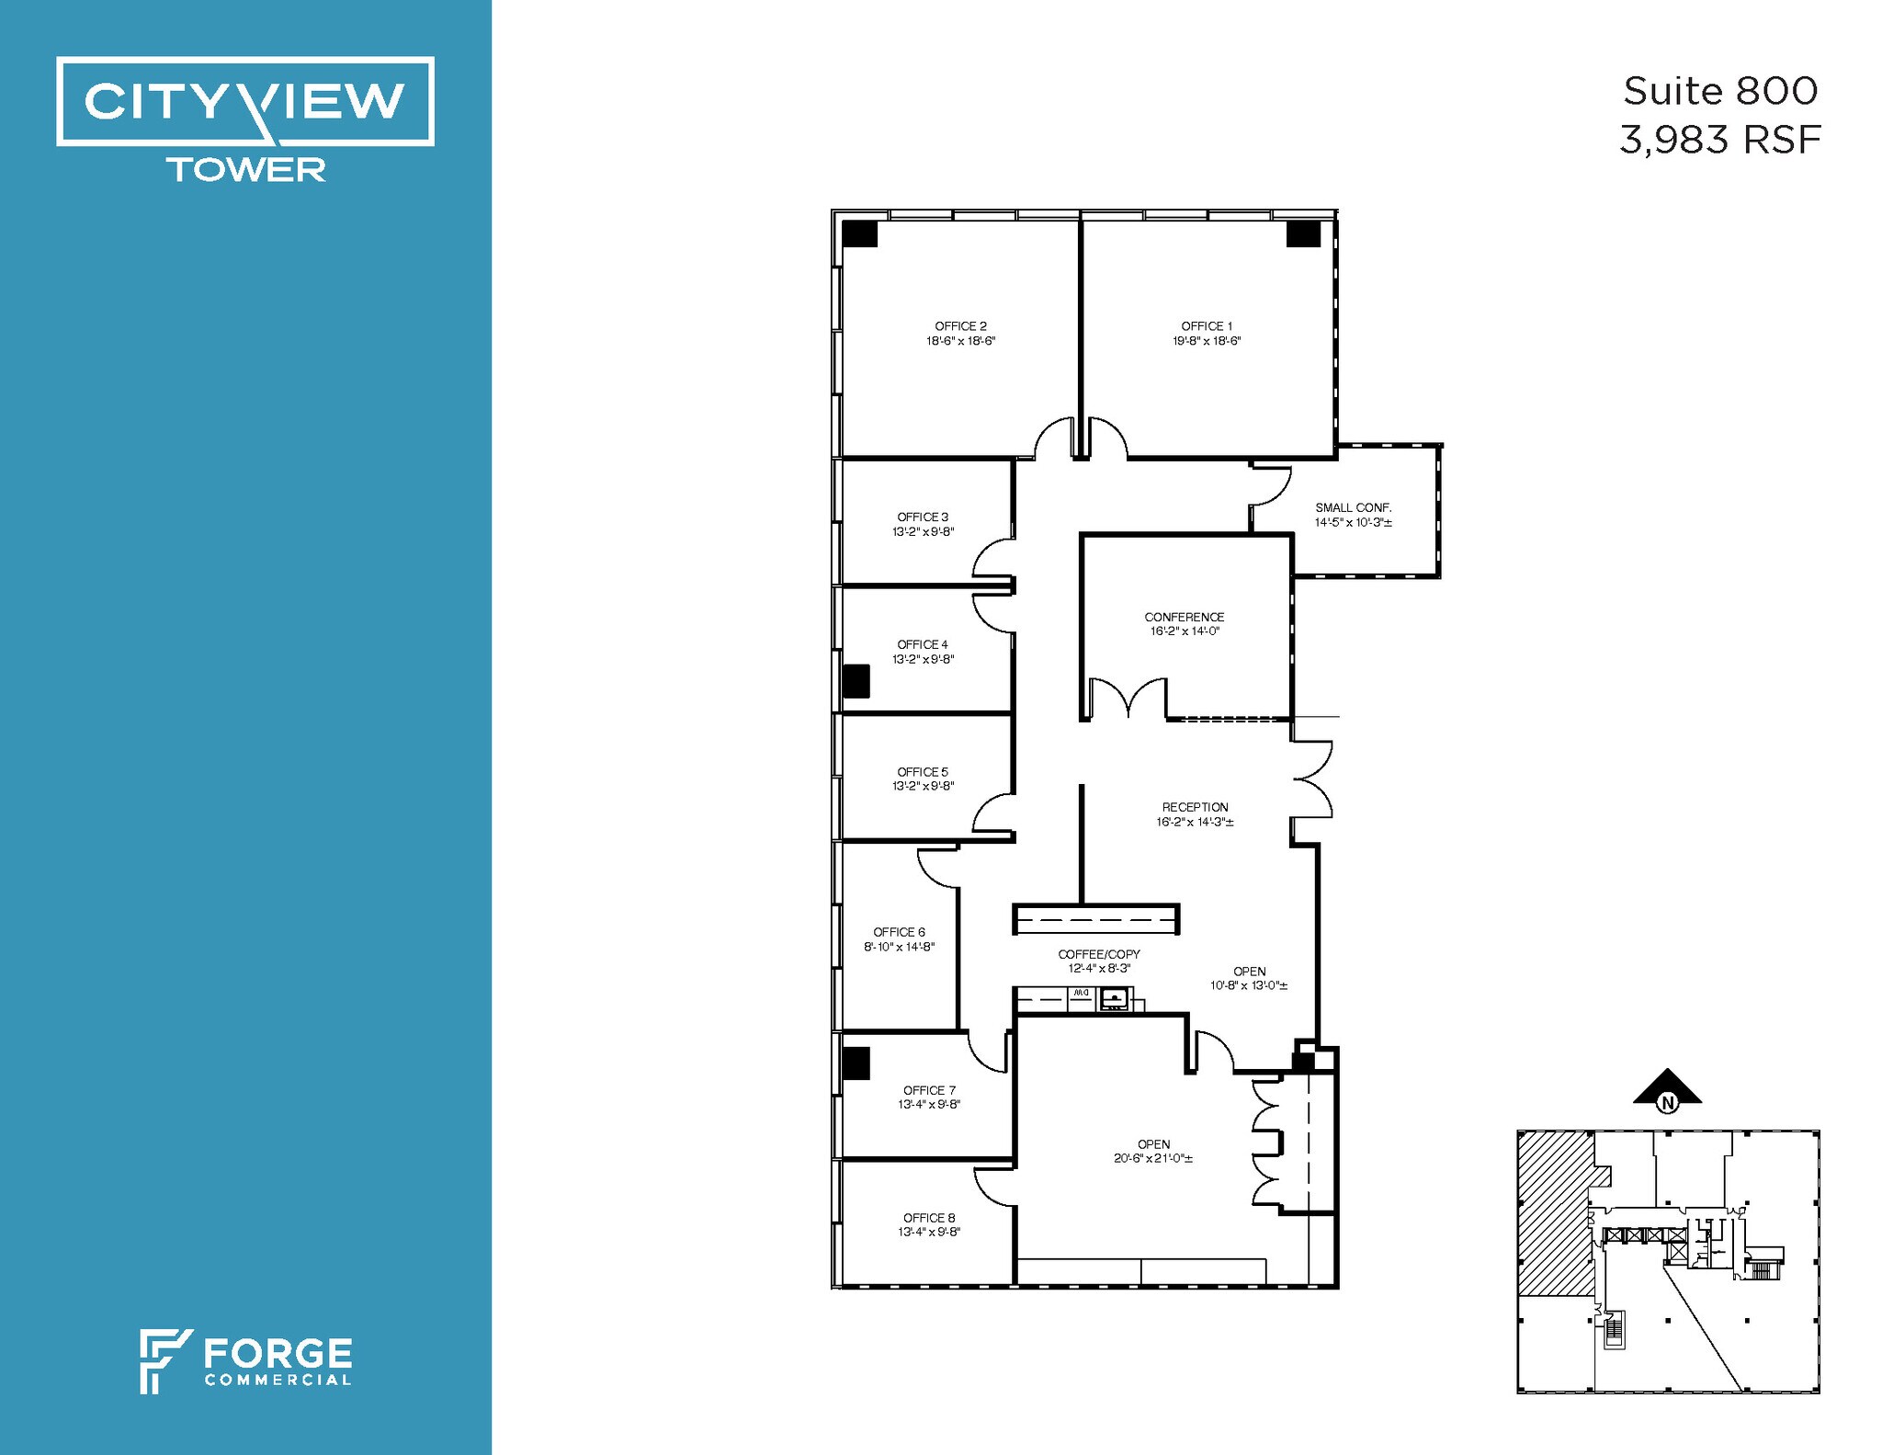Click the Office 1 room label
click(1207, 326)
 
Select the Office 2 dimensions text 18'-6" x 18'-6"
click(960, 341)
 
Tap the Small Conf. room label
click(1353, 507)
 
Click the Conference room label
click(1184, 617)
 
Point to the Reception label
click(1195, 807)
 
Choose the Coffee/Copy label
click(1098, 954)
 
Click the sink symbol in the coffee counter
click(1115, 998)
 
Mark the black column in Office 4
click(856, 681)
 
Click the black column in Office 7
click(856, 1063)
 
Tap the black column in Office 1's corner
click(1302, 233)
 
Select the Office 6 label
click(899, 932)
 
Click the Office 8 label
click(928, 1218)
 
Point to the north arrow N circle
click(1667, 1102)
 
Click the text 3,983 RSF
click(1719, 141)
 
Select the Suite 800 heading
click(1719, 91)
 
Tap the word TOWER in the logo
click(245, 170)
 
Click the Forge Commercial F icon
click(164, 1360)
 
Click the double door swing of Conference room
click(1128, 699)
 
